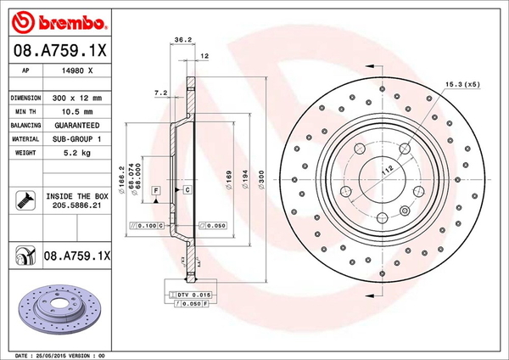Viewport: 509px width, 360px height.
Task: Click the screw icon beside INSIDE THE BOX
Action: coord(25,200)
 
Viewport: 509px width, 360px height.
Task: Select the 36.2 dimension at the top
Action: coord(180,39)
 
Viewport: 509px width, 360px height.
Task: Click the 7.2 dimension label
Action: coord(159,92)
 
